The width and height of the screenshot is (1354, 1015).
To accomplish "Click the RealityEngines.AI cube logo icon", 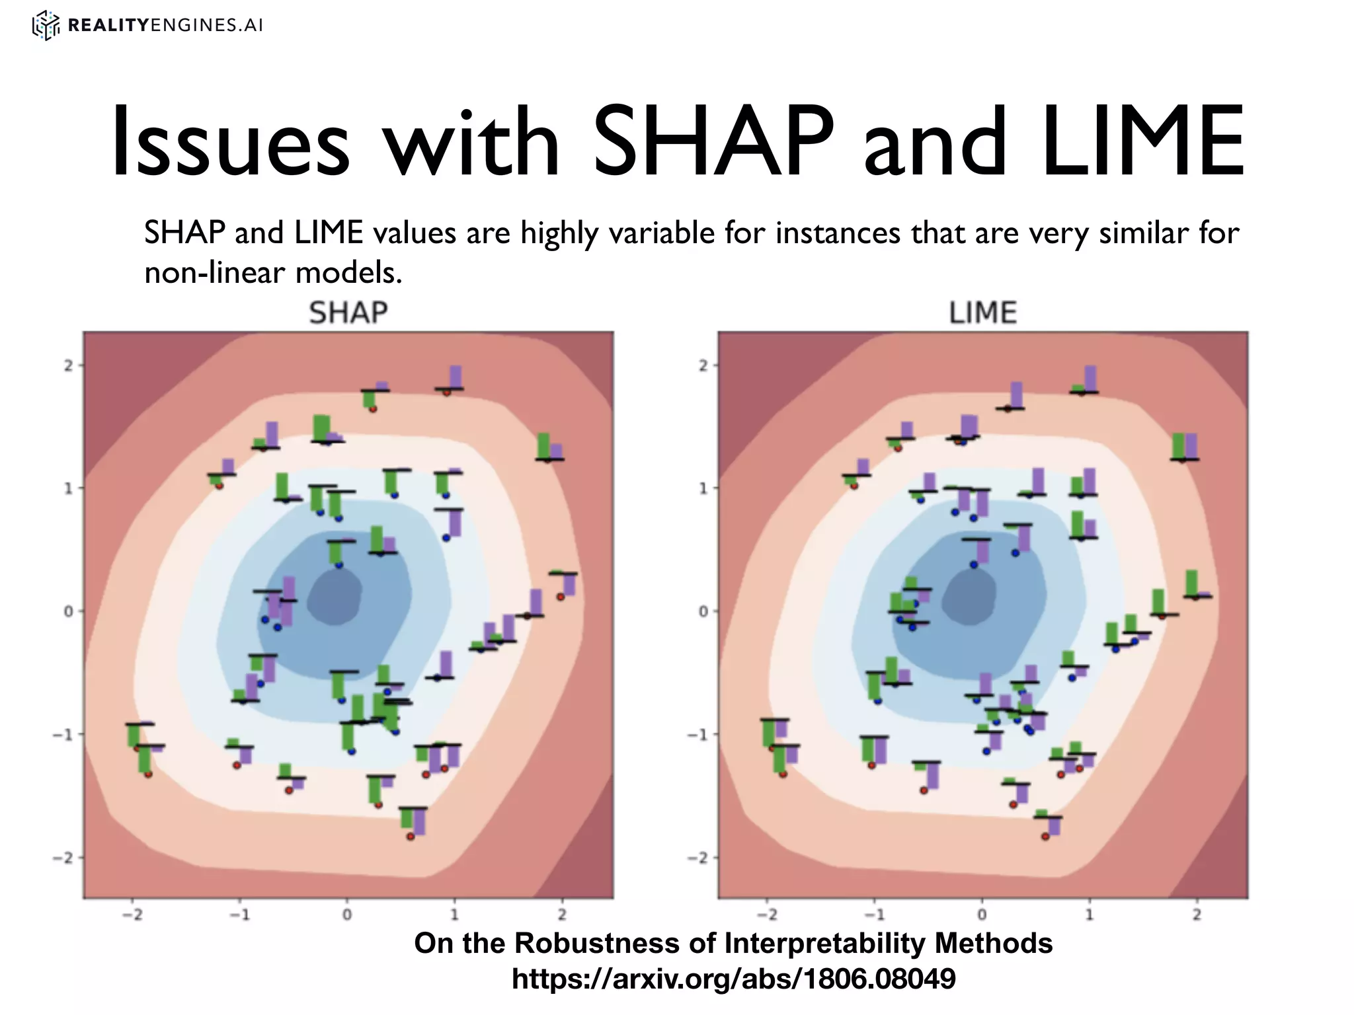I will [46, 26].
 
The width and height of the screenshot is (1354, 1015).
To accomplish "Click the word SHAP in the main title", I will [713, 142].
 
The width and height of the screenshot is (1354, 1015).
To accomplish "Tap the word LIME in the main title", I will [1143, 142].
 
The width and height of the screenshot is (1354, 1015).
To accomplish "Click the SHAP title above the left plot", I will [348, 313].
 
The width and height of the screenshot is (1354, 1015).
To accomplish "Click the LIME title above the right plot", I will [982, 313].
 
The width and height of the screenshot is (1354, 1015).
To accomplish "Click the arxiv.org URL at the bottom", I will [733, 978].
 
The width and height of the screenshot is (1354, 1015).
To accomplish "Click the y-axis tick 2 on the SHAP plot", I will [68, 365].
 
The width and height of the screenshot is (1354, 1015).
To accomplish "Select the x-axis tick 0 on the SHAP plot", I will [346, 915].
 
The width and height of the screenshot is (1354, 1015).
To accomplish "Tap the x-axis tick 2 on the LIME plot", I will [1197, 915].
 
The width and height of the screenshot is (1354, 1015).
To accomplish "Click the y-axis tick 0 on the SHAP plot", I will [68, 611].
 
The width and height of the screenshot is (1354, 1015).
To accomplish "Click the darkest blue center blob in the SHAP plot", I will [336, 597].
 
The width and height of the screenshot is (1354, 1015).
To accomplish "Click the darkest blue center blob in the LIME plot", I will [969, 597].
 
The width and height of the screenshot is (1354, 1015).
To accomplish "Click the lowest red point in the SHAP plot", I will [410, 837].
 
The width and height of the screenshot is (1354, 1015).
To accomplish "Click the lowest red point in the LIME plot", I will [1045, 837].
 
